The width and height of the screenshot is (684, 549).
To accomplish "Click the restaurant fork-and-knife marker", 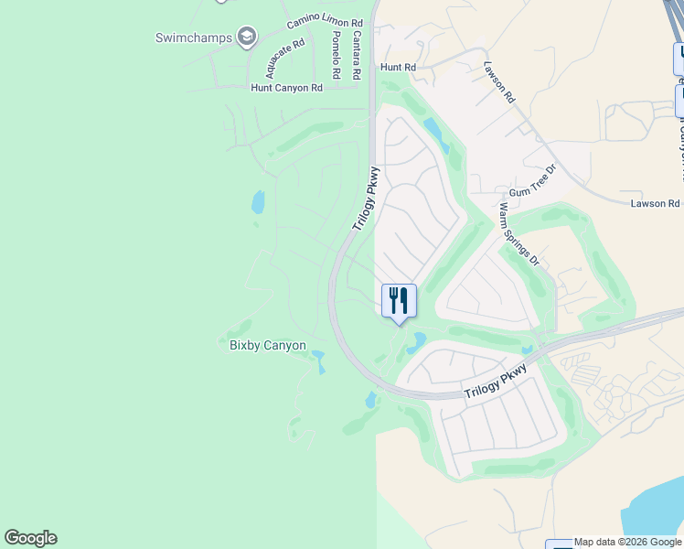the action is [x=399, y=300].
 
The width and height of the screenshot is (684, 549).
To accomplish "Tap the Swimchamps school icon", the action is [x=246, y=37].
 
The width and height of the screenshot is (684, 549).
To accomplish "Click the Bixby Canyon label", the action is [x=267, y=345].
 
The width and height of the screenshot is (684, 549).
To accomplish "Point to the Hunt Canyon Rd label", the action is [x=287, y=88].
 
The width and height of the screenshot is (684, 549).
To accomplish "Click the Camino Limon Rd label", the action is [x=325, y=22].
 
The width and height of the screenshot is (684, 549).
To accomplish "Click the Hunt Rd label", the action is [x=398, y=68].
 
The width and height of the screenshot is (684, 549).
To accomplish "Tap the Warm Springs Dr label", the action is [x=518, y=234].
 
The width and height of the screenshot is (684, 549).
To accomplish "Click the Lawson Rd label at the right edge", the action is [x=655, y=203].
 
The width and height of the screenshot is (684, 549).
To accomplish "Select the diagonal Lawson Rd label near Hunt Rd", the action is [x=500, y=82].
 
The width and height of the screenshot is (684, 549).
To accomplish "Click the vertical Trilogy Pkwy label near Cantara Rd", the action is [x=365, y=199].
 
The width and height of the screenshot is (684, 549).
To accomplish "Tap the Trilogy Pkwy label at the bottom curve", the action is [x=495, y=382].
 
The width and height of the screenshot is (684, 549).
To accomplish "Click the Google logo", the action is [x=30, y=538].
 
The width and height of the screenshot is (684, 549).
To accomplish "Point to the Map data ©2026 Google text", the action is [x=628, y=543].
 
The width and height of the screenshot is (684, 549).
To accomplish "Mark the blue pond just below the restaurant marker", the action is [x=417, y=343].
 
